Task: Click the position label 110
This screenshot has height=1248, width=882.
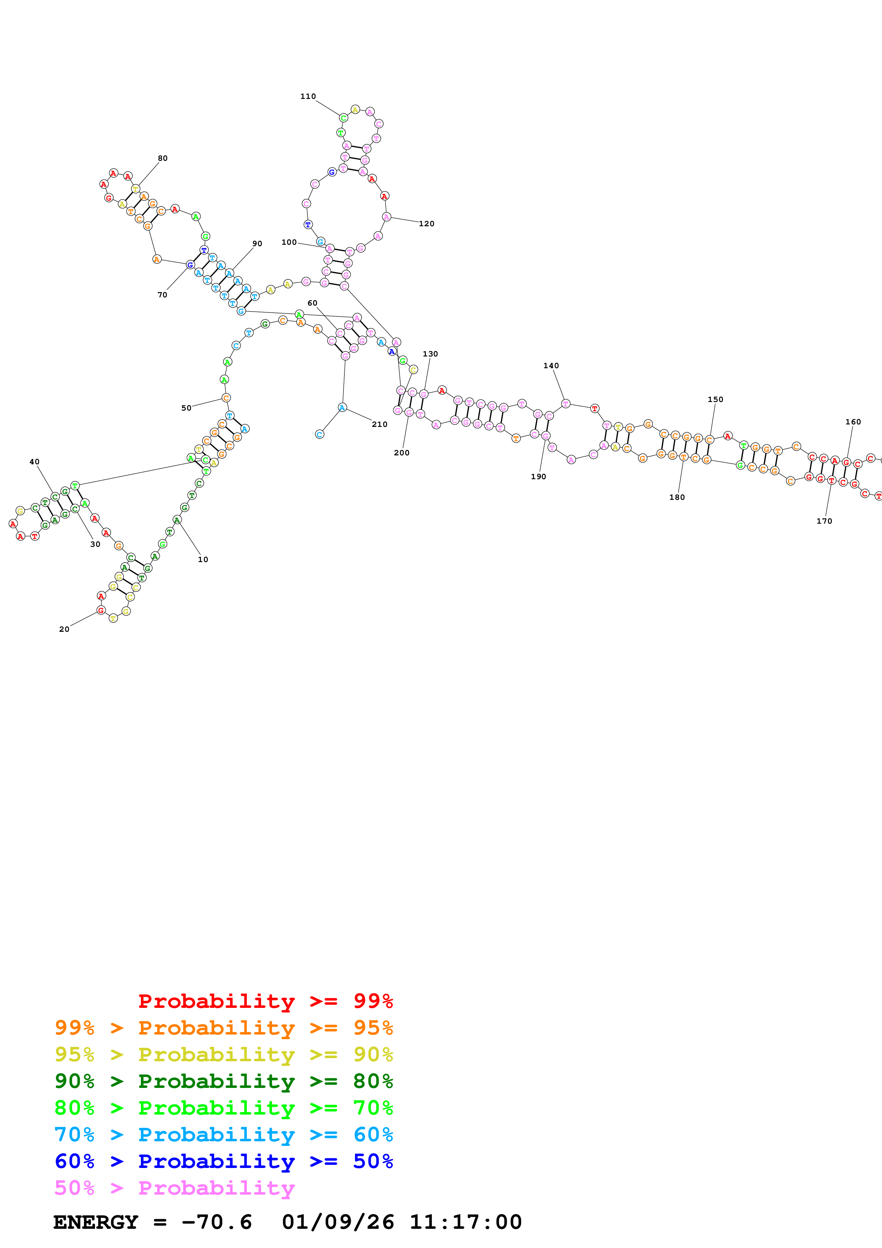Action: (308, 96)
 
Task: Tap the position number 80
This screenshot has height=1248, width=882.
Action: (163, 158)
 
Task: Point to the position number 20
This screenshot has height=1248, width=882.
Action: (64, 629)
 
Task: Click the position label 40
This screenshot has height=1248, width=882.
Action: (34, 461)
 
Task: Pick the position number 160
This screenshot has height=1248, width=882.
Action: (853, 422)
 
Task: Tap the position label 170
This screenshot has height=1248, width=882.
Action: (824, 521)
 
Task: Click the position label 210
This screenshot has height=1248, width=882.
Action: (379, 424)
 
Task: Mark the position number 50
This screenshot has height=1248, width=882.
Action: (186, 408)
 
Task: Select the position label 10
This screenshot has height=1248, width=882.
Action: (203, 559)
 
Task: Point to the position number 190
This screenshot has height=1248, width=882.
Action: (538, 477)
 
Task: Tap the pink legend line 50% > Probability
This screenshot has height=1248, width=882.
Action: (174, 1188)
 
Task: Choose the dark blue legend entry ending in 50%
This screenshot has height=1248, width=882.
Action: (223, 1161)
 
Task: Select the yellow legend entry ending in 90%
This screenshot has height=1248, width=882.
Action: (223, 1054)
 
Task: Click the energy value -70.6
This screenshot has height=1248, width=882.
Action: (216, 1222)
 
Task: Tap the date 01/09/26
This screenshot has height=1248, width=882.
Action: (338, 1222)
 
